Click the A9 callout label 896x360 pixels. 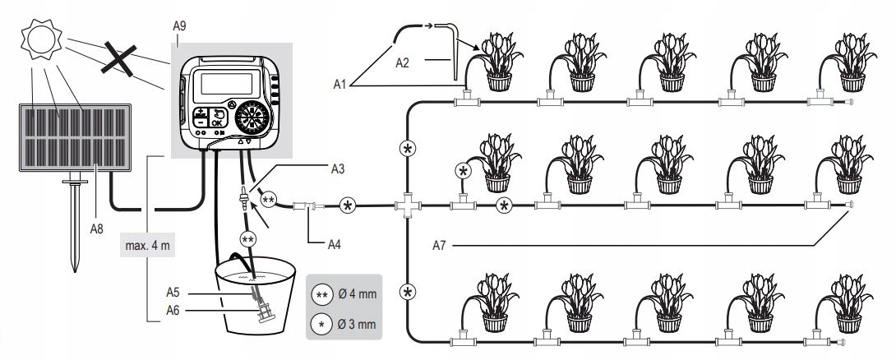pyautogui.click(x=181, y=27)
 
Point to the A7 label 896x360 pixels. pyautogui.click(x=441, y=244)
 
